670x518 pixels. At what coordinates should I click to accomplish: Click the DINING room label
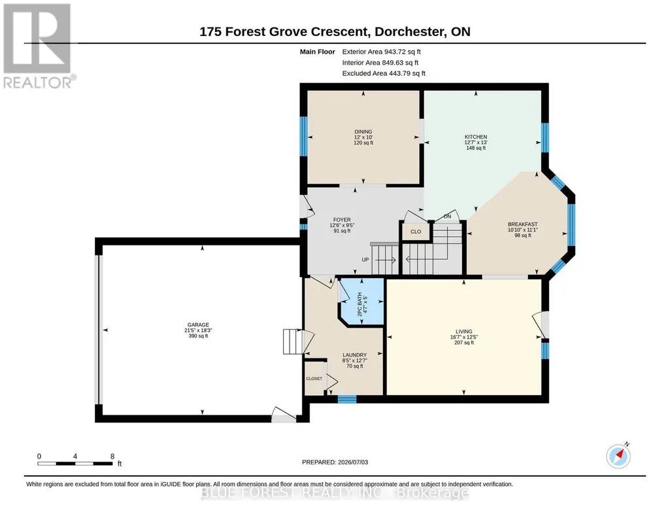(363, 131)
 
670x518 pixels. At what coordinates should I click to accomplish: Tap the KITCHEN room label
(476, 137)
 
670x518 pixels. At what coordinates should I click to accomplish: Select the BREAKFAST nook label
(522, 224)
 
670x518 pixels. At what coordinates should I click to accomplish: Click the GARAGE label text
(198, 325)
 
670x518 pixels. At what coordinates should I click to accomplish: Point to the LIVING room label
(463, 331)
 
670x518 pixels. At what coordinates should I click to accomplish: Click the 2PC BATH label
(360, 304)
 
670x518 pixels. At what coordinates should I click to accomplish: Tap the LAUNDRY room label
(355, 354)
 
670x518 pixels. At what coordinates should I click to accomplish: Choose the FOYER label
(342, 220)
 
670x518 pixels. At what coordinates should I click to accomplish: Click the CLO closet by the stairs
(416, 232)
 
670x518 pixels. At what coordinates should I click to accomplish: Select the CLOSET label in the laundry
(314, 379)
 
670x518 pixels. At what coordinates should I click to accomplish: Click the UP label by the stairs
(365, 260)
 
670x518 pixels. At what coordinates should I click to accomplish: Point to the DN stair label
(447, 216)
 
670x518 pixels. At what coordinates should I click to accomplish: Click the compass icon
(618, 456)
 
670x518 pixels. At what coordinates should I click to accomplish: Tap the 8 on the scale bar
(112, 456)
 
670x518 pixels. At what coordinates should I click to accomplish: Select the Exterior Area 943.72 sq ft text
(382, 52)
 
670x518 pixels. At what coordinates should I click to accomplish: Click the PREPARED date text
(335, 462)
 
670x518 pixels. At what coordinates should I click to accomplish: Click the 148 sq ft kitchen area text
(476, 148)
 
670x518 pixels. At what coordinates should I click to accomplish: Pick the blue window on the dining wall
(303, 136)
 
